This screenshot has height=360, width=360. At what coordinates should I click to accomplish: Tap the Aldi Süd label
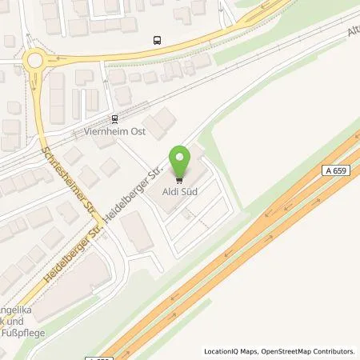click(180, 192)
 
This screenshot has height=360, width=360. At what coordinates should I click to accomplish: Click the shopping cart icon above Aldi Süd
click(179, 180)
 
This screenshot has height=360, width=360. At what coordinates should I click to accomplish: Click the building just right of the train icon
click(162, 122)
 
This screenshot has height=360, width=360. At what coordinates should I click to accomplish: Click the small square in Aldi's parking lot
click(186, 214)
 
